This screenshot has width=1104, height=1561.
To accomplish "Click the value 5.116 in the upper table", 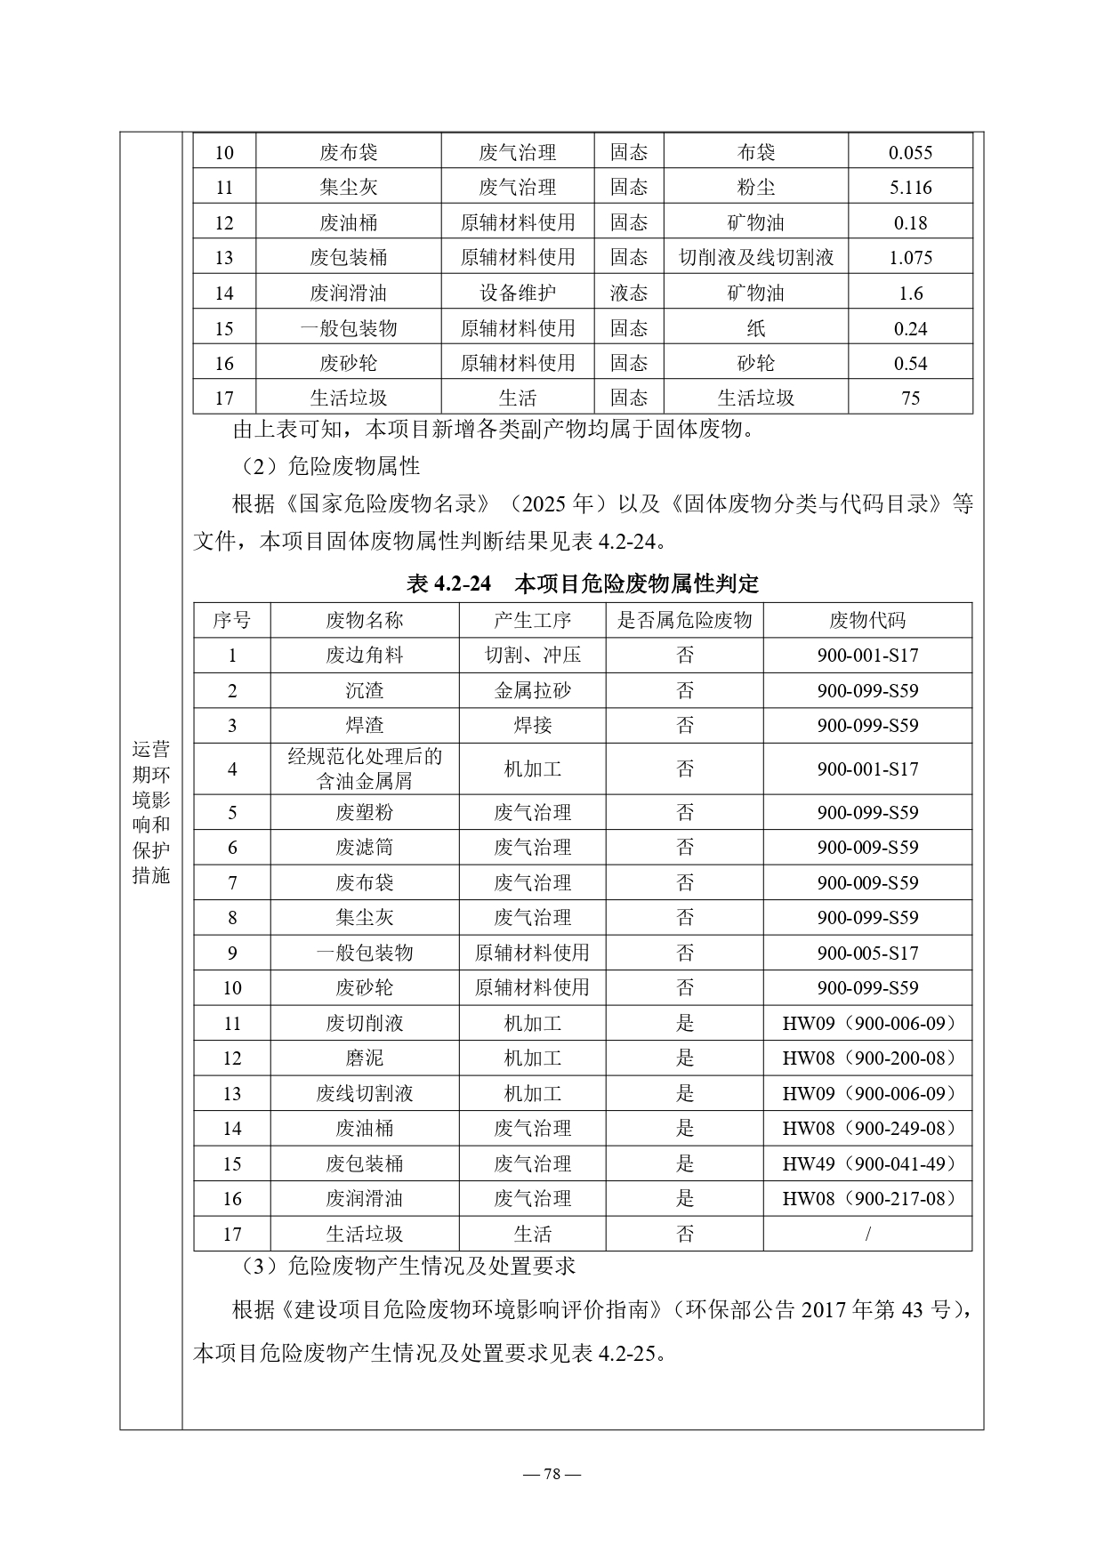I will click(910, 188).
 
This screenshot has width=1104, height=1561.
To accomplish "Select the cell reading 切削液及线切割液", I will click(756, 258).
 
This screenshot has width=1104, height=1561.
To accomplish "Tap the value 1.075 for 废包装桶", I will click(910, 258).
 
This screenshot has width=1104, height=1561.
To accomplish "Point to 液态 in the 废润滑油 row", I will click(628, 293).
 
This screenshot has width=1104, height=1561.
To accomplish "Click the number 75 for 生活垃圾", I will click(910, 398).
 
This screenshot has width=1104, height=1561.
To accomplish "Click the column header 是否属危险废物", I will click(684, 620).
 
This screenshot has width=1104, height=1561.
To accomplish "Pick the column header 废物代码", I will click(866, 620).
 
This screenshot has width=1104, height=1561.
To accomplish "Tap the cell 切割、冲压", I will click(532, 656).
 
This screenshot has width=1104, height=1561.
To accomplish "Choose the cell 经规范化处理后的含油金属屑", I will click(365, 768).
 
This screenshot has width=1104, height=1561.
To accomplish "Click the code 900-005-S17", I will click(866, 953).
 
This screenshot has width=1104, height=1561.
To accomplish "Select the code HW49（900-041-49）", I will click(866, 1163).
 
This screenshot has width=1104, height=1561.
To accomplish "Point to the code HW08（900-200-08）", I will click(866, 1058).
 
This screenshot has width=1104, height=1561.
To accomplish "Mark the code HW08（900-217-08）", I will click(866, 1199).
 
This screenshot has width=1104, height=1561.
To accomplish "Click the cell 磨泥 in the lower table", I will click(365, 1058).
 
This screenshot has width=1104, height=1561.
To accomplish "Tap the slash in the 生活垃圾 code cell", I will click(867, 1234).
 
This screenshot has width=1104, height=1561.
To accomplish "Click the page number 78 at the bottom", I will click(552, 1474).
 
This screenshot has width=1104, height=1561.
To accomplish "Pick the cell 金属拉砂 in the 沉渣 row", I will click(532, 690).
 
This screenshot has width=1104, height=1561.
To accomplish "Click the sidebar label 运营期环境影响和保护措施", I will click(150, 812).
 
